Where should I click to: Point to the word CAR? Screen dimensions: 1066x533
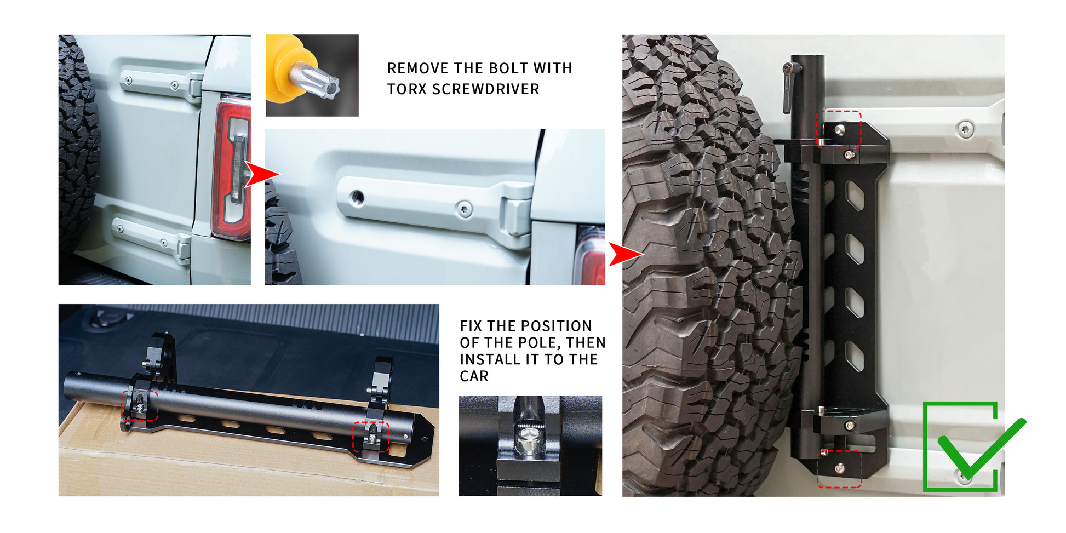474,376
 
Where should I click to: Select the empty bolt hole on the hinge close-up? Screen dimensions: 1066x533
357,196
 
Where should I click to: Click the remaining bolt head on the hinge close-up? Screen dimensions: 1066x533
465,208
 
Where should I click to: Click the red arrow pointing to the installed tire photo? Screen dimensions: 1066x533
626,254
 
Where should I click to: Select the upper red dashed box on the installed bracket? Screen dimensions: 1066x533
839,129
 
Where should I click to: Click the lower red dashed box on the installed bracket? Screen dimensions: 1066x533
839,469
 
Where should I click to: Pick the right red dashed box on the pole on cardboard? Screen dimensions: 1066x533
371,437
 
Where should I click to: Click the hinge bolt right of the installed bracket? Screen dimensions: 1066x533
965,130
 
